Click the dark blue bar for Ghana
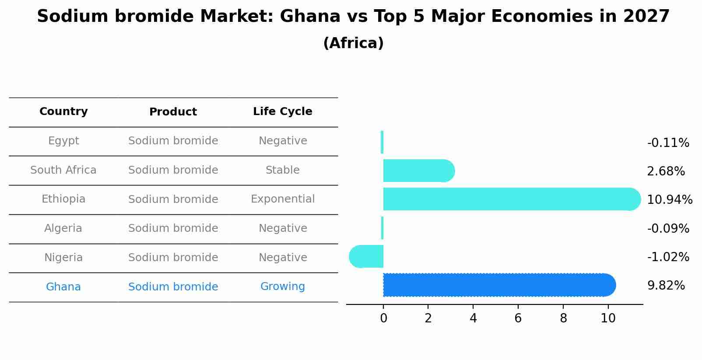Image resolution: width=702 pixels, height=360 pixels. tap(499, 285)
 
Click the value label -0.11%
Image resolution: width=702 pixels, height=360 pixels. tap(668, 143)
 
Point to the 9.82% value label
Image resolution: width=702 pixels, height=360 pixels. tap(666, 286)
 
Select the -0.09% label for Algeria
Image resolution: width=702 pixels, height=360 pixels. tap(668, 229)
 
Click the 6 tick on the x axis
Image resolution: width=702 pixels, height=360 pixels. tap(518, 318)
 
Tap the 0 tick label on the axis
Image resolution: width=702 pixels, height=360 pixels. tap(383, 318)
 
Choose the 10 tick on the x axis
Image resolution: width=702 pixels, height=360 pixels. tap(608, 318)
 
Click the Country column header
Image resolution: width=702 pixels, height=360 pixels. tap(63, 112)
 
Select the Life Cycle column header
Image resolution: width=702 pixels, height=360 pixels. tap(282, 112)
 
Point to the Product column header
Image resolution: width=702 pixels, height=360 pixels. tap(173, 112)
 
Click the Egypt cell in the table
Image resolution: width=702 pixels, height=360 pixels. tap(63, 141)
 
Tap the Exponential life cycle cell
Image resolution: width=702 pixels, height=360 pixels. tap(282, 199)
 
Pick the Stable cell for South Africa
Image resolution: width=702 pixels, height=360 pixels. tap(282, 170)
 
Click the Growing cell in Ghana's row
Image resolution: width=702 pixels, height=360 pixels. tap(282, 287)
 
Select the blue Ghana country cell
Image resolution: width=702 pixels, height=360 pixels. tap(63, 287)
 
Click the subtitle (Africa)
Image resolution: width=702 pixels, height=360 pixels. tap(353, 43)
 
